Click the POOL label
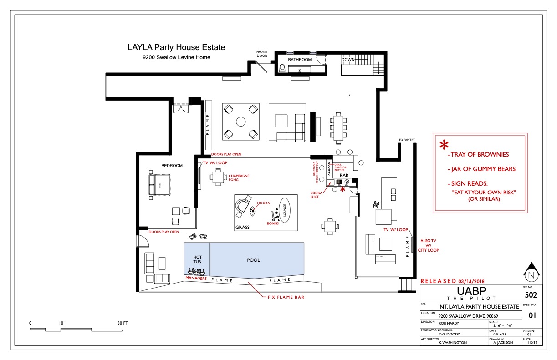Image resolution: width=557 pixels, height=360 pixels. [253, 260]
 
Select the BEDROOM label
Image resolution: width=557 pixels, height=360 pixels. [172, 166]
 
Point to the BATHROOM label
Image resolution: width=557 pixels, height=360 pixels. [300, 60]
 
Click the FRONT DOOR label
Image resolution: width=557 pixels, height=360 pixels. [262, 54]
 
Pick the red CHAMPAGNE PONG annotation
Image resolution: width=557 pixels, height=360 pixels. [239, 178]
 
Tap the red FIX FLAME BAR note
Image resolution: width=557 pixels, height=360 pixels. [285, 297]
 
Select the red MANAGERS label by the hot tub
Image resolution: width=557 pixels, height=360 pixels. [196, 278]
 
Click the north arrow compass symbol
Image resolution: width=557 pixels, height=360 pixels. [531, 274]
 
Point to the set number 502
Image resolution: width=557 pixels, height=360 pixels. [531, 295]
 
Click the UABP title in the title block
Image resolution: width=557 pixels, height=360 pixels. [470, 291]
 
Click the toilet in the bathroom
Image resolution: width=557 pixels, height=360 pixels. [282, 69]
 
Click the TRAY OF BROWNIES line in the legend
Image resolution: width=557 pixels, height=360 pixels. [480, 154]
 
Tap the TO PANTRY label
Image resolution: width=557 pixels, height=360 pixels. [406, 140]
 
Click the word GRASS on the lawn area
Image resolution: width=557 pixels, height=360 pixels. [243, 227]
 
